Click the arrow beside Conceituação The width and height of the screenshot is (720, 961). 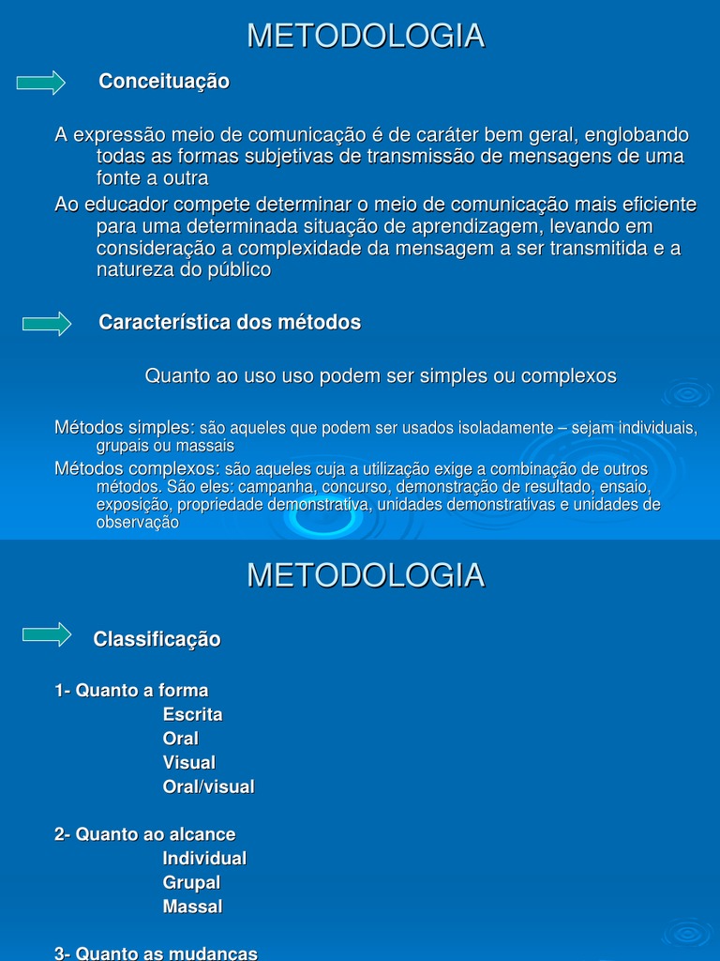[41, 83]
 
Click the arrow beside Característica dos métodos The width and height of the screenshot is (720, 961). [47, 324]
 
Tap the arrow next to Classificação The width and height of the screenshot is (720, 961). [47, 634]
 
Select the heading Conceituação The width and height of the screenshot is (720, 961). [164, 82]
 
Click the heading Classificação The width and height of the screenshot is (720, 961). [157, 639]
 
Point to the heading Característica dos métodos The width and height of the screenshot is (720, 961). [230, 323]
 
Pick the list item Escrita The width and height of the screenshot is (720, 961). [192, 714]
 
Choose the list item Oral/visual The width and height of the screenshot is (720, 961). [208, 786]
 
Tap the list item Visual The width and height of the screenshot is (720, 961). [188, 762]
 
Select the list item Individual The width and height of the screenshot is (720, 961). [204, 858]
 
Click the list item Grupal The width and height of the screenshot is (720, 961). [191, 882]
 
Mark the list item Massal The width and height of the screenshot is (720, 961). [192, 907]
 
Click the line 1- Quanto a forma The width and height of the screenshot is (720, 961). [131, 691]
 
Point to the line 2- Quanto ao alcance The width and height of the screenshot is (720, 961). [145, 834]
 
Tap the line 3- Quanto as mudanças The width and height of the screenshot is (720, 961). [156, 953]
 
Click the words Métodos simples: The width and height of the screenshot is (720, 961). [125, 428]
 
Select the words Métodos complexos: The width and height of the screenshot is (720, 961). [137, 468]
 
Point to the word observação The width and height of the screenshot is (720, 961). [137, 523]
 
